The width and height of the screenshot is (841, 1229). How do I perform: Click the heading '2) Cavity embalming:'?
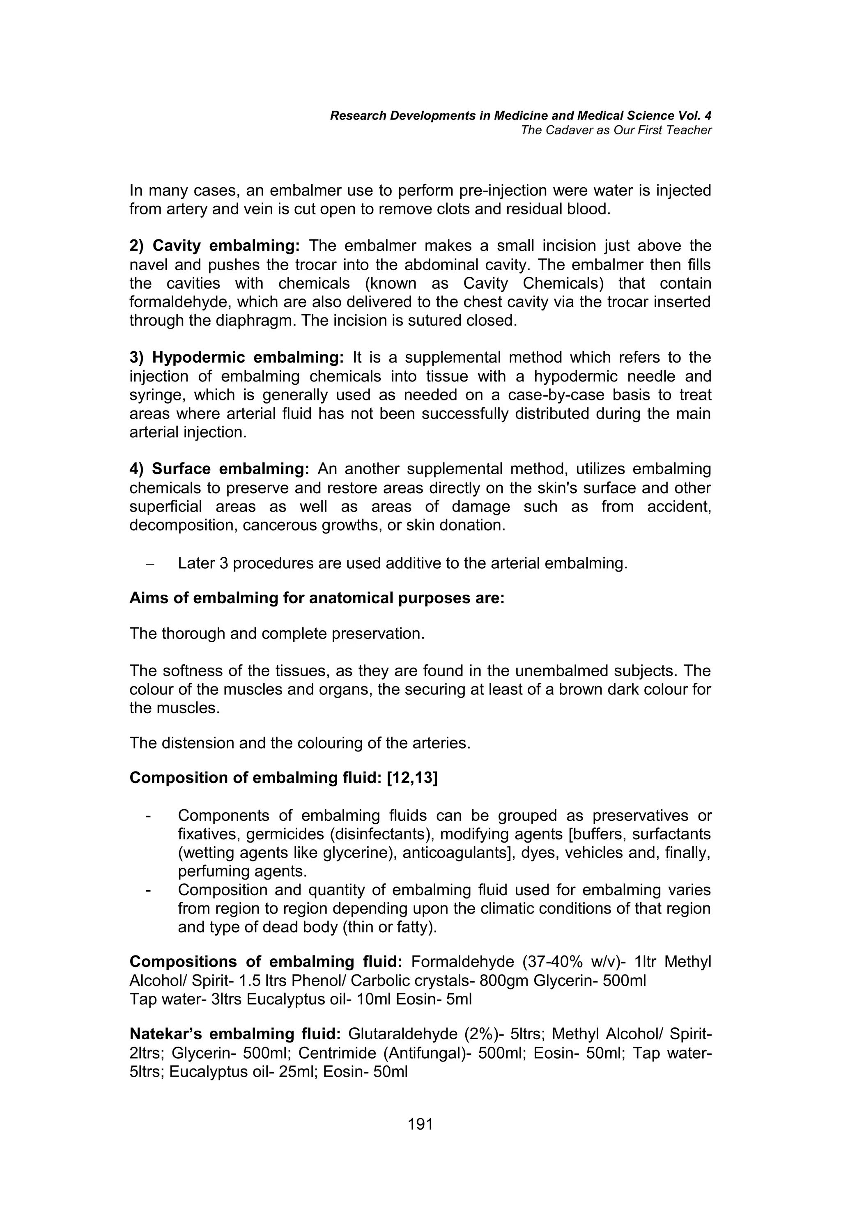(214, 246)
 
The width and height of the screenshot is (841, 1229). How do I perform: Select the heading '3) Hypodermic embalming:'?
(237, 358)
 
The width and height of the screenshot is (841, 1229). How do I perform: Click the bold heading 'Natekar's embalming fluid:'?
(235, 1034)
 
